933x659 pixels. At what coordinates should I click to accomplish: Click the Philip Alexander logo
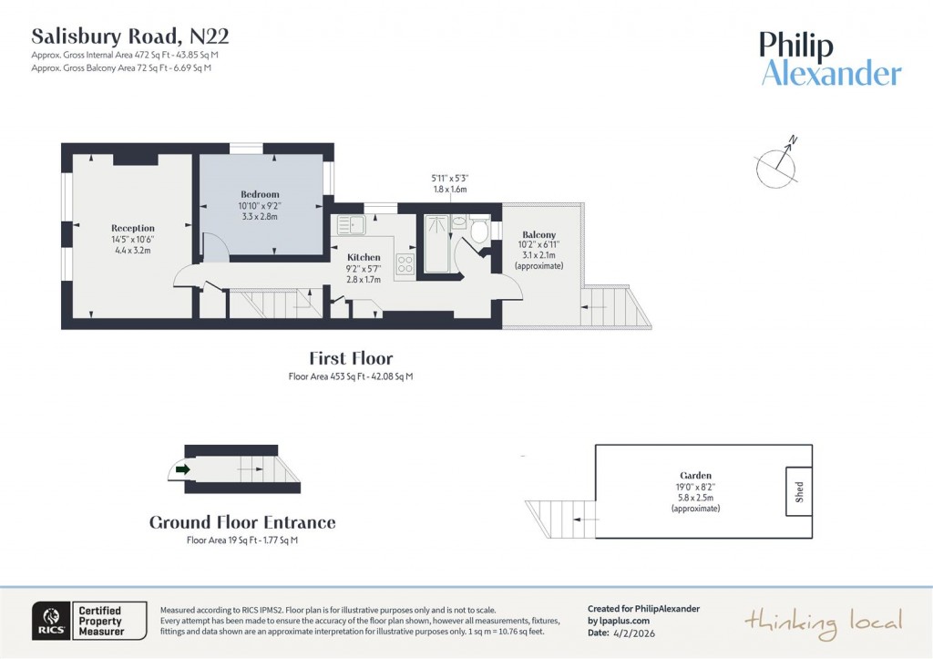[x=830, y=59]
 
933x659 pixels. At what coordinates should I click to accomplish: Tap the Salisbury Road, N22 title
[x=130, y=36]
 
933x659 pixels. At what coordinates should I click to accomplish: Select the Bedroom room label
[x=260, y=194]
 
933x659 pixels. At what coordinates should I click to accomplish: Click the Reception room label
[x=133, y=228]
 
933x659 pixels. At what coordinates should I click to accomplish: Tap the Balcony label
[x=538, y=234]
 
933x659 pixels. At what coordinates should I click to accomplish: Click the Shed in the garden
[x=799, y=491]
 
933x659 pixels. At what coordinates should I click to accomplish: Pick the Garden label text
[x=695, y=475]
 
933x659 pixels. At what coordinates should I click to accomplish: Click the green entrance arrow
[x=182, y=469]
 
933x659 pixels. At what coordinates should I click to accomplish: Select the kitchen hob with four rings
[x=405, y=264]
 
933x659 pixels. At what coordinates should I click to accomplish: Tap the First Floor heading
[x=351, y=358]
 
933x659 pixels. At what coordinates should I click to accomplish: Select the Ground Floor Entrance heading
[x=242, y=522]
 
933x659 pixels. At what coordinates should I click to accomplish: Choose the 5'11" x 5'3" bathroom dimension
[x=449, y=178]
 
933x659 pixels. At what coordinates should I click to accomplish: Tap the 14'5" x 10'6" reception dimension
[x=132, y=239]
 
